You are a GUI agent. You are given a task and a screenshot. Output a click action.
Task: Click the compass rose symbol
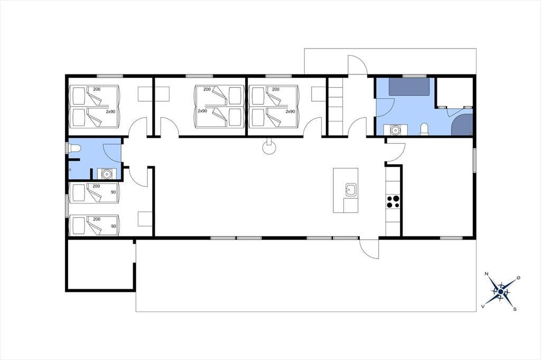(501, 292)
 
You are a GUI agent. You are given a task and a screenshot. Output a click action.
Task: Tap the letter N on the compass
(487, 274)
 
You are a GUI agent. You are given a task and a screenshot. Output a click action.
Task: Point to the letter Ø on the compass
(518, 278)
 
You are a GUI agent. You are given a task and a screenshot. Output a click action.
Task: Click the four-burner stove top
(393, 202)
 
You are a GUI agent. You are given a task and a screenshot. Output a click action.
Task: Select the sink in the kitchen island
(351, 190)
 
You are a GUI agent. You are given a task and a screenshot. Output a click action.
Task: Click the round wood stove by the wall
(269, 147)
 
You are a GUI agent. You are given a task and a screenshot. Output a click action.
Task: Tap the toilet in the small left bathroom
(74, 148)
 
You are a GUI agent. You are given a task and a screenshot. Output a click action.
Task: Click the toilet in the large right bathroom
(424, 129)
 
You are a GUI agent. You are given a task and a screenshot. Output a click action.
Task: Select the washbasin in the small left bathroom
(107, 174)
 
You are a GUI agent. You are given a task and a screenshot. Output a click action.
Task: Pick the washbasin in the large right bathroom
(395, 130)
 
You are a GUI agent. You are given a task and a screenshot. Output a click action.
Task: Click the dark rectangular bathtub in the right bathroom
(409, 87)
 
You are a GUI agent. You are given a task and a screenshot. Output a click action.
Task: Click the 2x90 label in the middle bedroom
(202, 111)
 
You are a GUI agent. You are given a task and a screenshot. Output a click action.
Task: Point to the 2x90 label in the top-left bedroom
(110, 112)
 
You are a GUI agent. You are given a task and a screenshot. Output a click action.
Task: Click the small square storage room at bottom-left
(100, 264)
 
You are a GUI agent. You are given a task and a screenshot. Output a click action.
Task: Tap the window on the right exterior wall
(474, 160)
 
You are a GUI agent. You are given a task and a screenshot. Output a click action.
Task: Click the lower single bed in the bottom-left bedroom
(94, 225)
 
